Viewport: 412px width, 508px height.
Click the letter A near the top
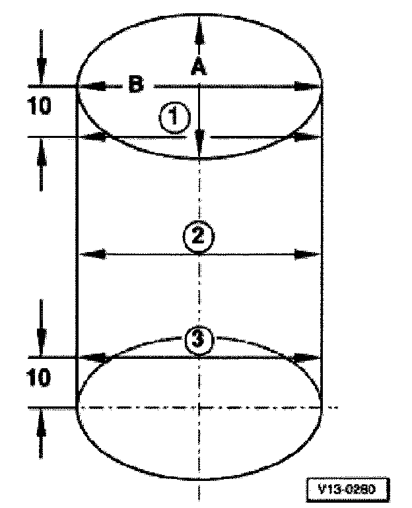(197, 67)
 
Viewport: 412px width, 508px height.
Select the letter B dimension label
(135, 85)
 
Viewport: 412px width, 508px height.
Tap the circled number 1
(174, 119)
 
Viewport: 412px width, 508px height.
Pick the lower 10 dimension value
(40, 379)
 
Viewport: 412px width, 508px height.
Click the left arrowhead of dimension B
(89, 86)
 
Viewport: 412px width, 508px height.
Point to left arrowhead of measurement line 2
(89, 254)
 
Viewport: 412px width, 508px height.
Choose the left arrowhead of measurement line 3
(89, 358)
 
